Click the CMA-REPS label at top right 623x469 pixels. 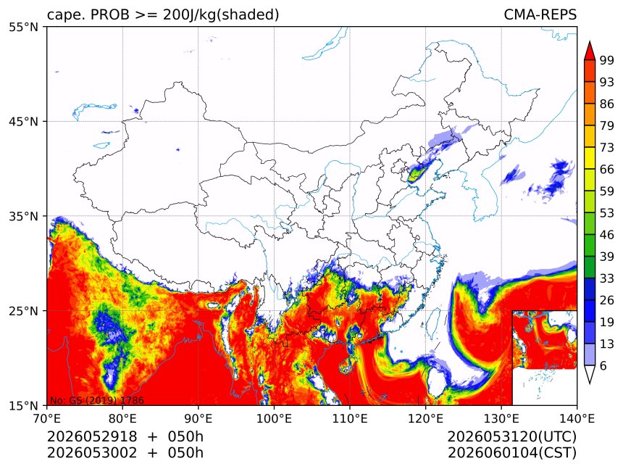[540, 14]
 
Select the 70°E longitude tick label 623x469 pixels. [47, 418]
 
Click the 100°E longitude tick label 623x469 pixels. [274, 418]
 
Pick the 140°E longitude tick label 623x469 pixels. [577, 418]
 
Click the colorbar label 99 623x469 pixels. [607, 61]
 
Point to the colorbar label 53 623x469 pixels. [607, 213]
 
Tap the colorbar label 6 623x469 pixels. [603, 365]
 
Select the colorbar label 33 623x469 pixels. [607, 278]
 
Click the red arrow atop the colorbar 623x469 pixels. [590, 51]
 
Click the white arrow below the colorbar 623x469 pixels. [590, 375]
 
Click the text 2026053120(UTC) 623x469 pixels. [511, 436]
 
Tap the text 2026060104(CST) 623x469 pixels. [511, 453]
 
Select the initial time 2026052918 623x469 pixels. [92, 436]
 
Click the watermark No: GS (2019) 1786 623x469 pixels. [96, 400]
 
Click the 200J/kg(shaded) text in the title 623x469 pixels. [221, 14]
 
